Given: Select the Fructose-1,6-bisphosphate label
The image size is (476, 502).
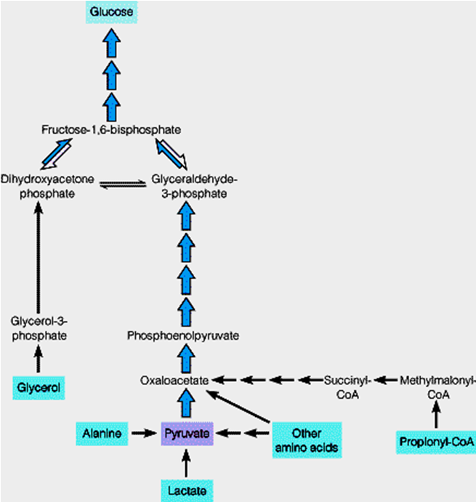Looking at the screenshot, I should [110, 129].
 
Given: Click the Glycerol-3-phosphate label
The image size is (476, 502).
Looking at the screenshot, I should [40, 328].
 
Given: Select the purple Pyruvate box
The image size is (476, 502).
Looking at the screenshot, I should [187, 434].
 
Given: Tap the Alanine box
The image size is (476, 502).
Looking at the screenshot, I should [103, 434].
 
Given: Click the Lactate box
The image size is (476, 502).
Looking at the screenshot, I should [187, 490].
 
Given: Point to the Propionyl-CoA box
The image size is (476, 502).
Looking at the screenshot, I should [436, 441].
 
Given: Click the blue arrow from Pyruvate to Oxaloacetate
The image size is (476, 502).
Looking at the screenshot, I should [187, 404].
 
